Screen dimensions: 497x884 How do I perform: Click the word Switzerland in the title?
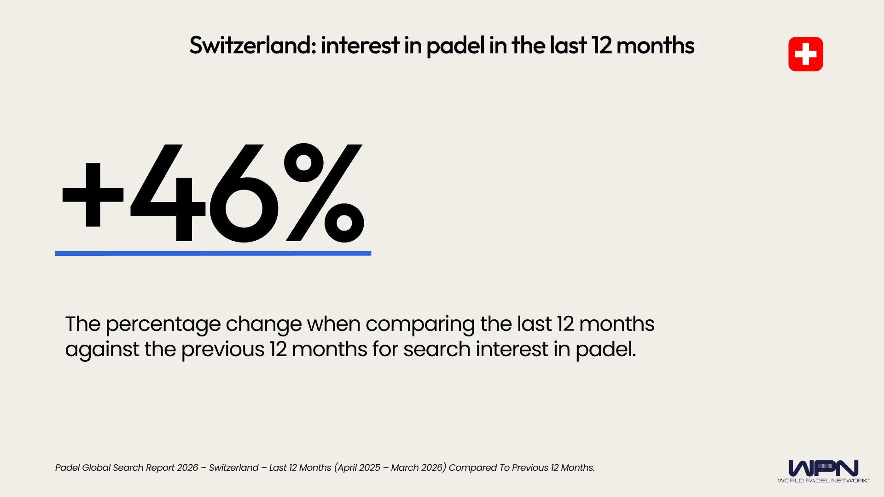[x=253, y=46]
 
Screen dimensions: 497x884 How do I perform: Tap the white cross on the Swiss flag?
[x=805, y=54]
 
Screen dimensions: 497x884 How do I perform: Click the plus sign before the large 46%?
[x=93, y=195]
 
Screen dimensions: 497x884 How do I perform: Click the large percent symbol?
[x=324, y=193]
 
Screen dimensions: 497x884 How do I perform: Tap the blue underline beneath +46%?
[x=213, y=253]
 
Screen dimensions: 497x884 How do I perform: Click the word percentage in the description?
[x=163, y=324]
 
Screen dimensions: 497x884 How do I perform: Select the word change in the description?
[x=263, y=324]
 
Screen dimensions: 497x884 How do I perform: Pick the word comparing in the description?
[x=420, y=324]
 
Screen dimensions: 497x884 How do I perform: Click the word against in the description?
[x=102, y=349]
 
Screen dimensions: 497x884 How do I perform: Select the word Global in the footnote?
[x=96, y=468]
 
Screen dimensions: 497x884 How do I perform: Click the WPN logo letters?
[x=823, y=468]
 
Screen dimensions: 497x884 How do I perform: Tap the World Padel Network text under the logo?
[x=823, y=480]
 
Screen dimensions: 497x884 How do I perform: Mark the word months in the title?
[x=655, y=46]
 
